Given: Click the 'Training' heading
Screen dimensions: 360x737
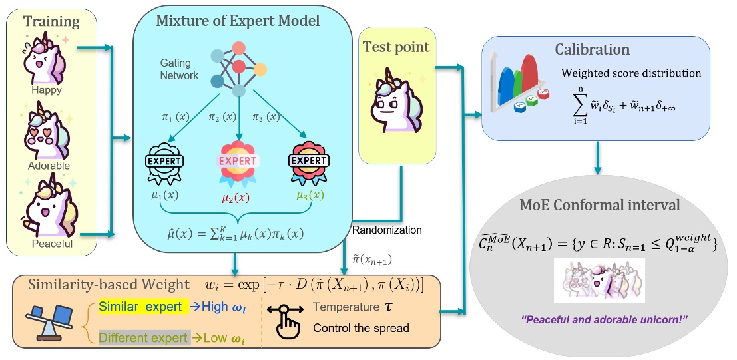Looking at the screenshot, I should [51, 21].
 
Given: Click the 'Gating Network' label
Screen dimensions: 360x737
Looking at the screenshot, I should [179, 69].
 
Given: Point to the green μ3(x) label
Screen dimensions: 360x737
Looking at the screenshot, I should [309, 196].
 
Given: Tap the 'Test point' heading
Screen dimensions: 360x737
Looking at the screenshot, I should [396, 47].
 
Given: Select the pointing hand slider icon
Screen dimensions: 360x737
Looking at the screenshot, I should [288, 321].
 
